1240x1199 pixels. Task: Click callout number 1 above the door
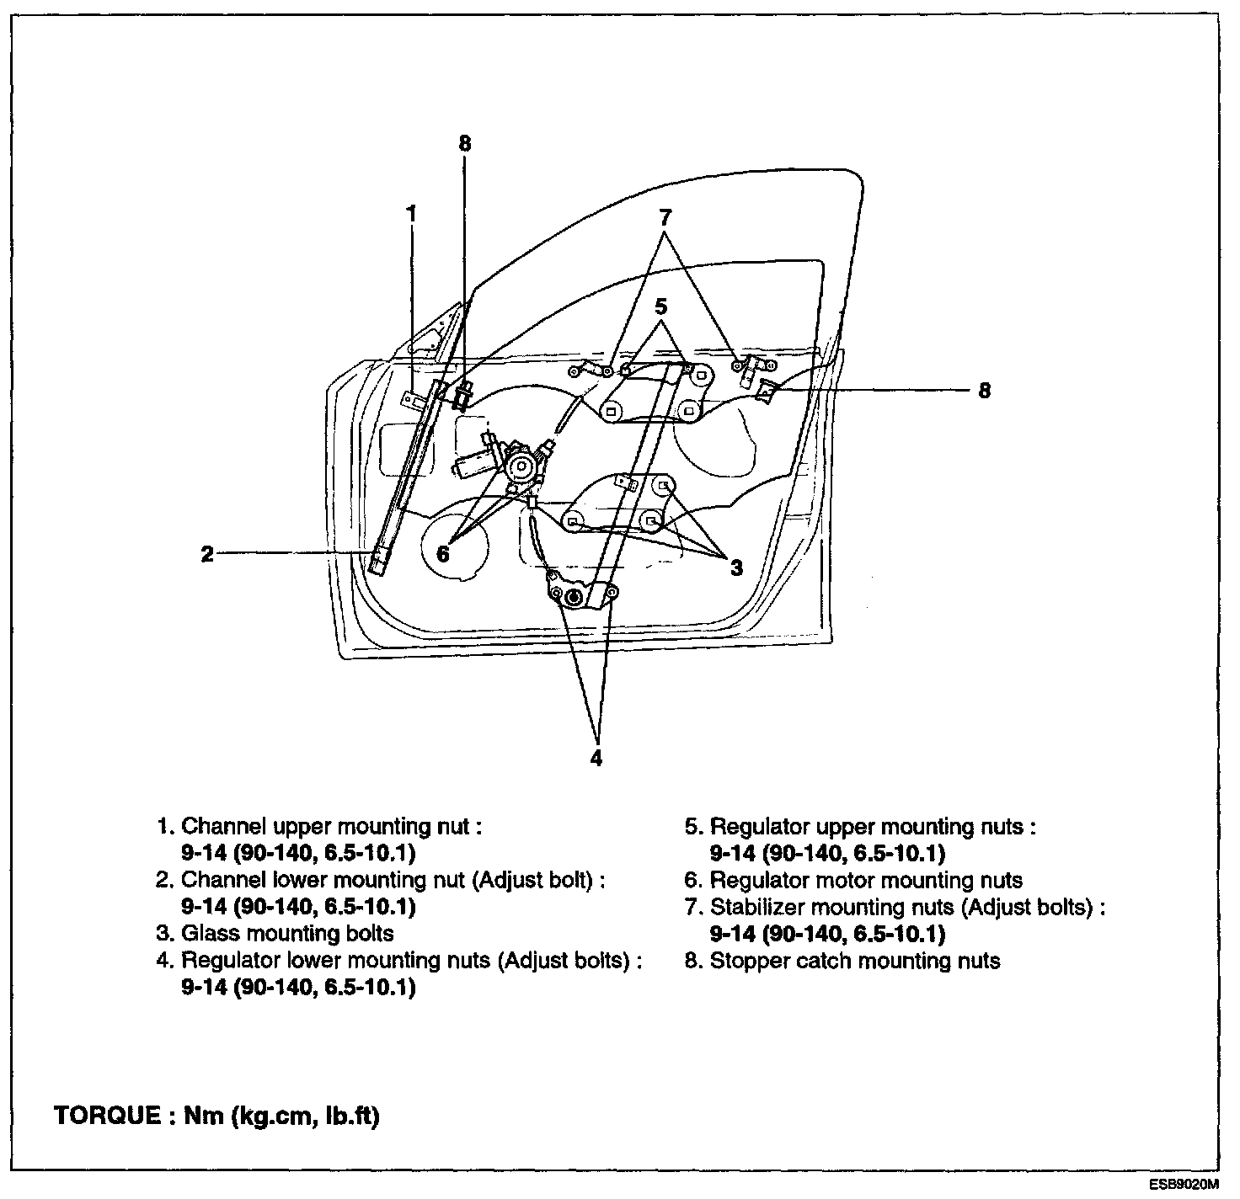411,214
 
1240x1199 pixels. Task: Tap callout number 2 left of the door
207,554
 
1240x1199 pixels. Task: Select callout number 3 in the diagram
736,568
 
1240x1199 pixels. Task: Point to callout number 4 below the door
596,758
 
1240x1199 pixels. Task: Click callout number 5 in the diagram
662,306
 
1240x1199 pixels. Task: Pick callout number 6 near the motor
443,554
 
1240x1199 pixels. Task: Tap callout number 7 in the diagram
665,216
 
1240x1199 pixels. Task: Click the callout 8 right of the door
985,391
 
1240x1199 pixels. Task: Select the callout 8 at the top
465,143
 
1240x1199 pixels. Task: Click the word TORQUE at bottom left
106,1116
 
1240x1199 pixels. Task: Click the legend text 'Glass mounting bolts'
287,933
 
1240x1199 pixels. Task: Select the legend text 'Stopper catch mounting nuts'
855,961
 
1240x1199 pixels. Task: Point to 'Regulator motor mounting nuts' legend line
866,880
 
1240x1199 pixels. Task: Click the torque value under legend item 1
298,853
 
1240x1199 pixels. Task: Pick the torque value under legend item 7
827,934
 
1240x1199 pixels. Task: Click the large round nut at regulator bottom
574,598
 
